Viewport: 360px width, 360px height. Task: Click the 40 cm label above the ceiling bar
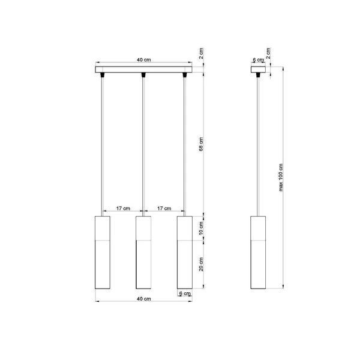(143, 60)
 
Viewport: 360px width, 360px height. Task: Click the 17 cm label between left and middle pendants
(122, 208)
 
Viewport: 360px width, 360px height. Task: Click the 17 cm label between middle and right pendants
(163, 208)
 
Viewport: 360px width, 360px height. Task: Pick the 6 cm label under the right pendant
(185, 293)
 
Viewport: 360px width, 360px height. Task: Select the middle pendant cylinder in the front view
(142, 252)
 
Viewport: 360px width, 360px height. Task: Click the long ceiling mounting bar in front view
(143, 69)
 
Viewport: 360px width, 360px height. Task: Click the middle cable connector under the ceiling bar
(143, 76)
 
